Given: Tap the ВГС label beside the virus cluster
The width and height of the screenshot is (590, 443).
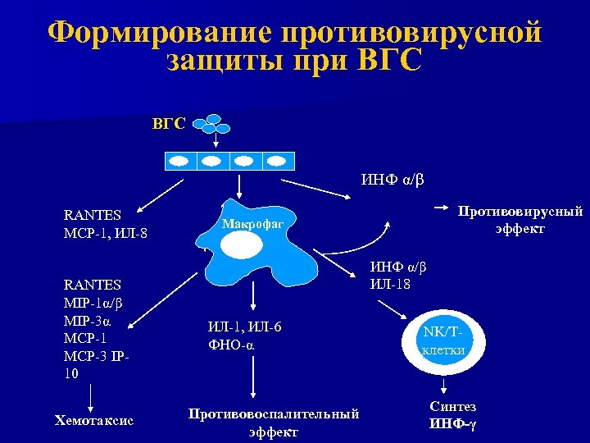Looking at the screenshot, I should point(169,124).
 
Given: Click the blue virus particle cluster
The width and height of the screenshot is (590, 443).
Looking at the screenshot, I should point(216,122).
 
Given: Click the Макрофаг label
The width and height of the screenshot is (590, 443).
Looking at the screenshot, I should point(252,223).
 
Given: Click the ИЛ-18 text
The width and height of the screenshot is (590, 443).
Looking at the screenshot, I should point(391,284).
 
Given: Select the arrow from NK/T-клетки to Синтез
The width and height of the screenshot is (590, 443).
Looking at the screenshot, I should point(443,385).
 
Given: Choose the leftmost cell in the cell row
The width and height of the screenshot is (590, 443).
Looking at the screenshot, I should point(182,160).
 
